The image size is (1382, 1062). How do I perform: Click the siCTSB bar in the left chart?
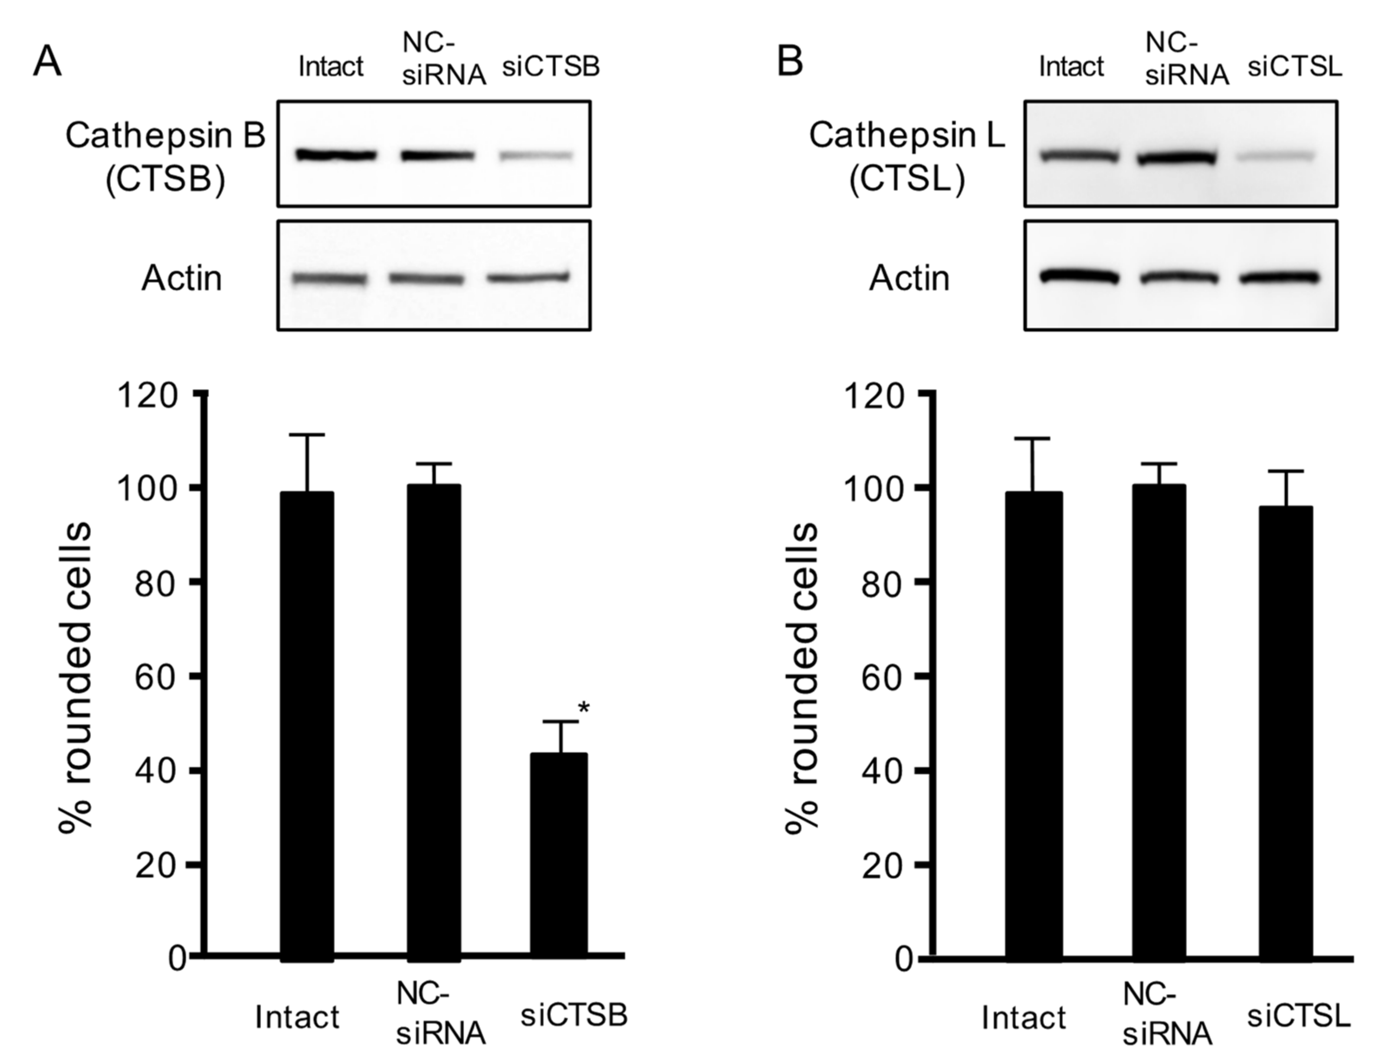(559, 856)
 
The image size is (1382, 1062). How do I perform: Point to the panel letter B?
(790, 62)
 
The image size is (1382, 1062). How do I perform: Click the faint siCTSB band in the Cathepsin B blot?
(537, 155)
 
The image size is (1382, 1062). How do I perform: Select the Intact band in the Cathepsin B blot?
(336, 154)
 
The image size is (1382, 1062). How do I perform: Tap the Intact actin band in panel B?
(1079, 277)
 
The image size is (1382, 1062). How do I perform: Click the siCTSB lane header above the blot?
(551, 66)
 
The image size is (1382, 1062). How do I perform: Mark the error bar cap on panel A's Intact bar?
(307, 435)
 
